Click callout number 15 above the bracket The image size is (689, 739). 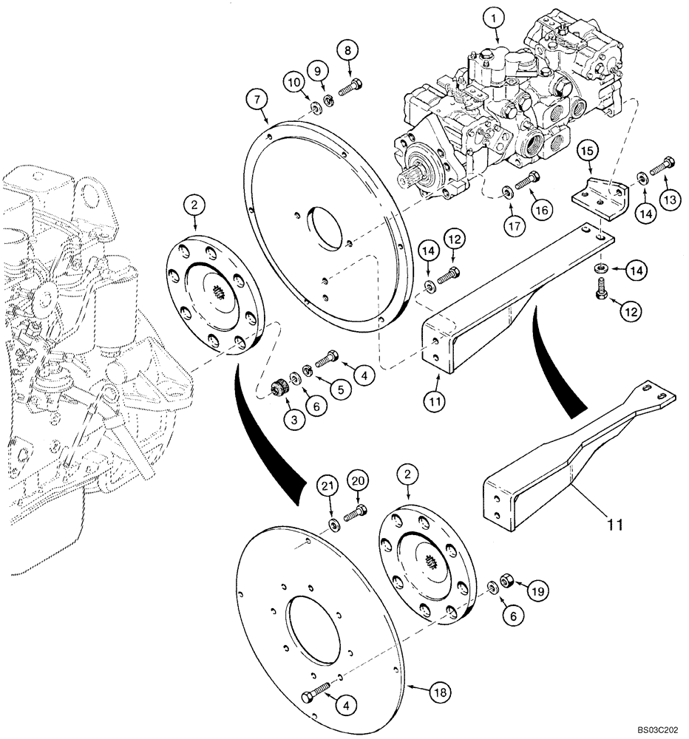[x=587, y=151]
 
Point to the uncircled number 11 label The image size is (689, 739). [x=616, y=525]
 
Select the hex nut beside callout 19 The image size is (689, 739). [x=509, y=576]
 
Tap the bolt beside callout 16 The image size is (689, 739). [x=526, y=180]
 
